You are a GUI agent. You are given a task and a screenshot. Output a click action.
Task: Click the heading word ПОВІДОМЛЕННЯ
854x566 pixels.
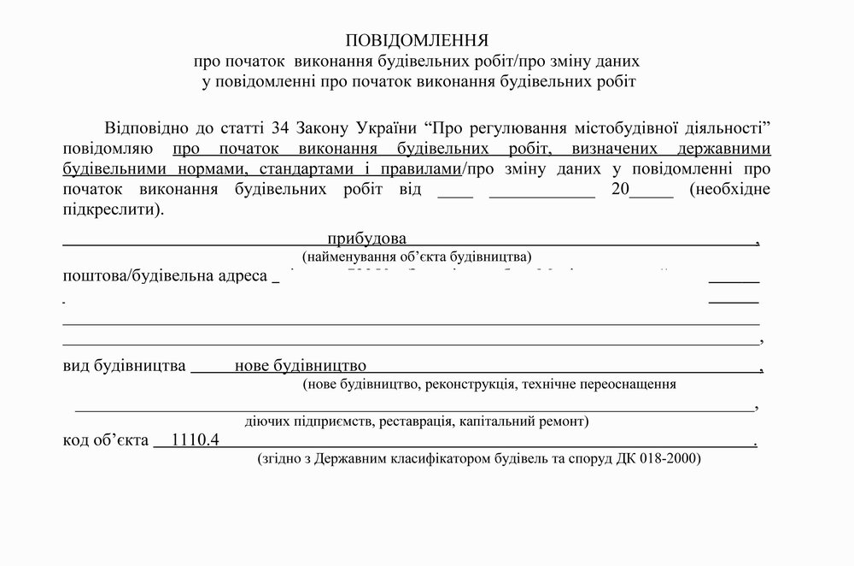[416, 41]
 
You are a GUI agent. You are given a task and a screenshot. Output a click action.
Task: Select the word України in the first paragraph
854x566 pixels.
[380, 128]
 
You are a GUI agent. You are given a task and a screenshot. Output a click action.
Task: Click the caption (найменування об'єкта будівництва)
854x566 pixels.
[417, 256]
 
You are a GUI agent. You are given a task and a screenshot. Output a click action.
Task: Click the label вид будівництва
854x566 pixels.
[125, 366]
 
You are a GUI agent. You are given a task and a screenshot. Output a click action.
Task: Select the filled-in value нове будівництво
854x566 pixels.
[301, 366]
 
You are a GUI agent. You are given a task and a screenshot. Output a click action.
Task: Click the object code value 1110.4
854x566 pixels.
[196, 440]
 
